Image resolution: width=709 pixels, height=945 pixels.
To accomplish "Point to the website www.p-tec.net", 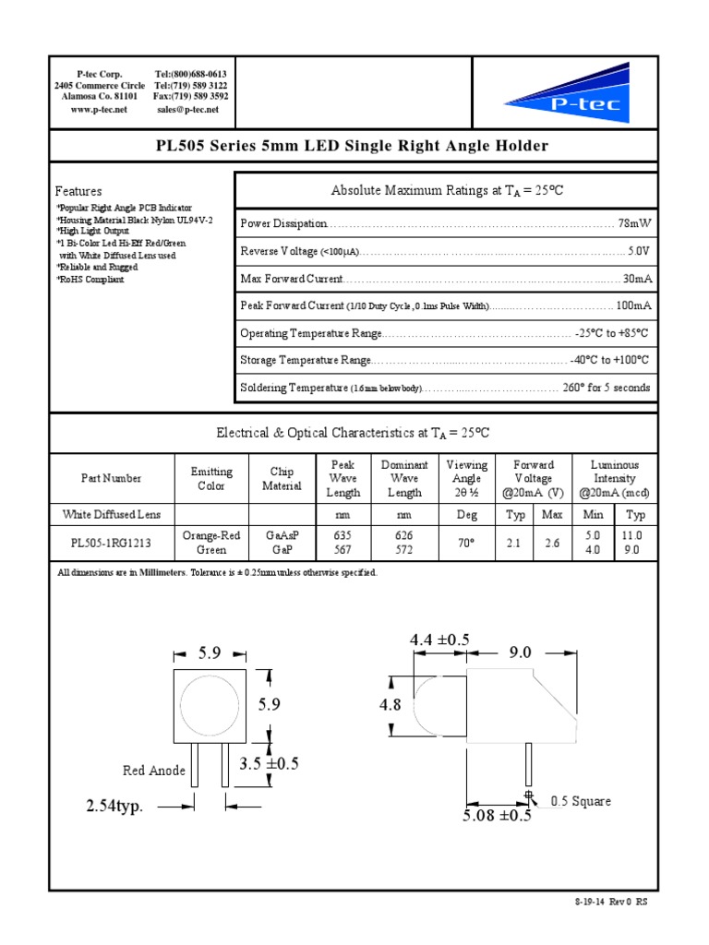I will click(x=98, y=110).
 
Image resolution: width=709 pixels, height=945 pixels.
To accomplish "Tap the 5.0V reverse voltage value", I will click(x=638, y=251).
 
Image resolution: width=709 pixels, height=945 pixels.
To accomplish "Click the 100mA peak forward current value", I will click(x=633, y=305).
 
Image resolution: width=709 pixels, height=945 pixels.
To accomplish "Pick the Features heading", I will click(x=78, y=191).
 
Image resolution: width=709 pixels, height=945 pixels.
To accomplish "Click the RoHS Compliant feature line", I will click(x=90, y=279).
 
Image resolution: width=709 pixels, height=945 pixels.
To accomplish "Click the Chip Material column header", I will click(x=282, y=478).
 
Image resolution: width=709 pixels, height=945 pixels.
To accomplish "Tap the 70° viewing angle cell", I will click(x=466, y=544).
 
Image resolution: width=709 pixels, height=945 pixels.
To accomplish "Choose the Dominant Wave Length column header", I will click(x=404, y=478).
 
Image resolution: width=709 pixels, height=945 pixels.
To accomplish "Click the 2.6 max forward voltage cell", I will click(x=552, y=544).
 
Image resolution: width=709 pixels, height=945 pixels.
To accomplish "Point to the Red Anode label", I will click(x=154, y=771).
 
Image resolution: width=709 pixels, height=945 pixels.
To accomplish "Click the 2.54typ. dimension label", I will click(x=114, y=807).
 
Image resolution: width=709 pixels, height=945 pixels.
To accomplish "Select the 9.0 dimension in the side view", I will click(x=520, y=652).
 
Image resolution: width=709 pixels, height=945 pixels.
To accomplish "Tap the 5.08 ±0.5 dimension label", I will click(x=498, y=815).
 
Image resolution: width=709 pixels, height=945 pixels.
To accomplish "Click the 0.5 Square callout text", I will click(x=581, y=801).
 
